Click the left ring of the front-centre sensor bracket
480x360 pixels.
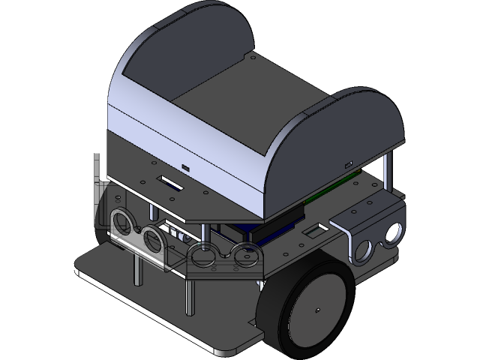point(201,258)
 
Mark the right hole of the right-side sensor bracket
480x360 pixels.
point(390,233)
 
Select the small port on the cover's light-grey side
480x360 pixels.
point(185,167)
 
